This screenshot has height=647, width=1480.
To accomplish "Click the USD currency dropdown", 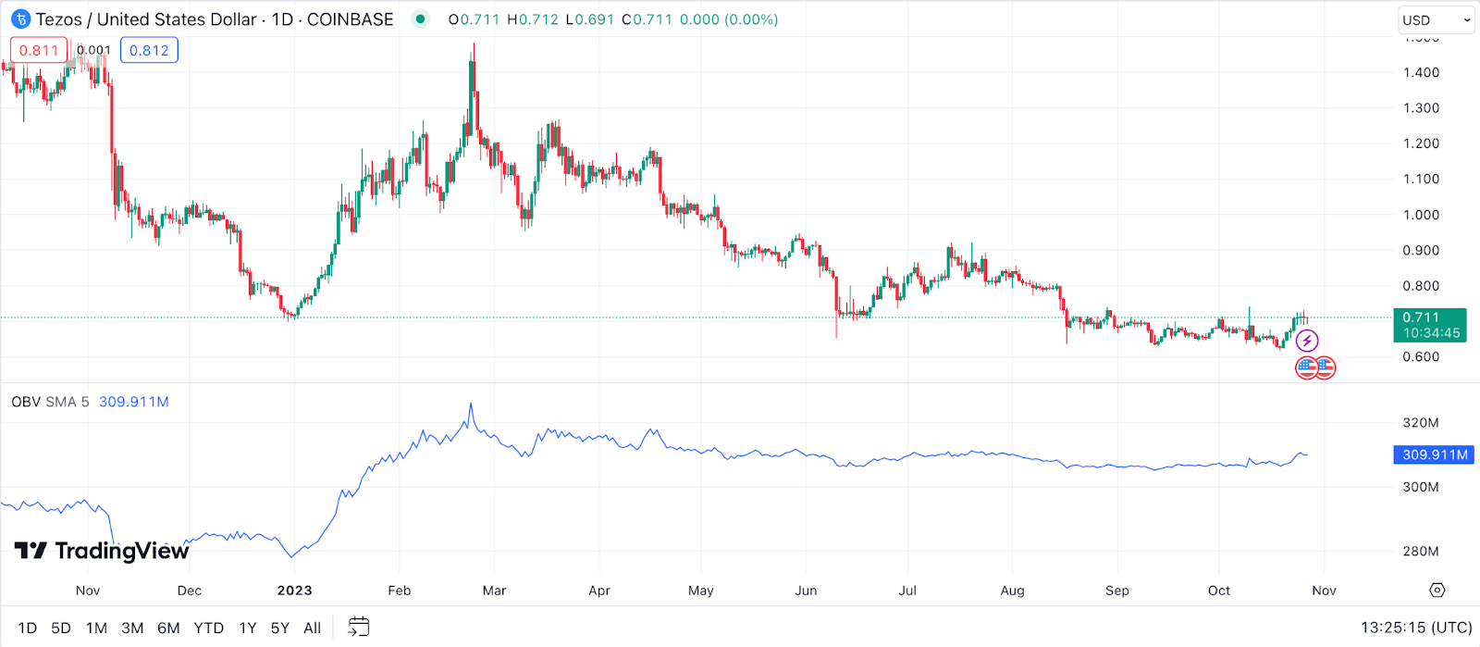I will (x=1436, y=19).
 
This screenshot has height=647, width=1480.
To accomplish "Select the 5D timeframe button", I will (x=61, y=628).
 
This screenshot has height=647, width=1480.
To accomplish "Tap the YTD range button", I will (x=208, y=628).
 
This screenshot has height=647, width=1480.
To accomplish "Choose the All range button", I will (x=313, y=628).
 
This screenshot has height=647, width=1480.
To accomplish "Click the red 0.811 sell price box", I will (x=39, y=50).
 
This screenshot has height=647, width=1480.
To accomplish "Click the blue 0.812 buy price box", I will (x=149, y=50).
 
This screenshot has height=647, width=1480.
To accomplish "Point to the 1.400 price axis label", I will (x=1421, y=72).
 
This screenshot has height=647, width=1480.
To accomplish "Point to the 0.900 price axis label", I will (x=1421, y=250).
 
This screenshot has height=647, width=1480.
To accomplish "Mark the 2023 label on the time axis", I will (x=294, y=591).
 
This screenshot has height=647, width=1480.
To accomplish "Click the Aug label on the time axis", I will (x=1012, y=591).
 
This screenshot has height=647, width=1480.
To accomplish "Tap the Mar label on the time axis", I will (x=494, y=591).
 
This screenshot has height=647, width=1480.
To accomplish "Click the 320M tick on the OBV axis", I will (x=1421, y=423).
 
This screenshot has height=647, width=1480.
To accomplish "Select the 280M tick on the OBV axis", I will (x=1421, y=552).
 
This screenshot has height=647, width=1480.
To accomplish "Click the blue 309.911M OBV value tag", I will (x=1435, y=454).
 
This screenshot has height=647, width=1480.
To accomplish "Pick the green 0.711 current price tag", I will (x=1429, y=324).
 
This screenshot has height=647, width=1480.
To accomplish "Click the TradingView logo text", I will (x=102, y=551).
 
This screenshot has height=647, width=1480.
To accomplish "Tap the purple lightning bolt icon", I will (x=1306, y=341).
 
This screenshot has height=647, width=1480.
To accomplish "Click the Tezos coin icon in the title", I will (x=20, y=19).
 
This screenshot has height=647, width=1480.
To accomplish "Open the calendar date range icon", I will (x=359, y=628).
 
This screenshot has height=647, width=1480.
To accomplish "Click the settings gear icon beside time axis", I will (x=1437, y=591).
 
